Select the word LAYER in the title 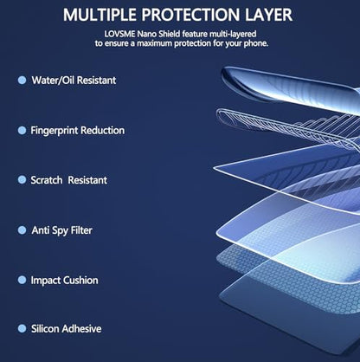pyautogui.click(x=269, y=15)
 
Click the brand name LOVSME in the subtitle pyautogui.click(x=119, y=34)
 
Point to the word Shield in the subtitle pyautogui.click(x=169, y=34)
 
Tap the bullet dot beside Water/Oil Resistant pyautogui.click(x=22, y=81)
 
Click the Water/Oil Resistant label pyautogui.click(x=74, y=81)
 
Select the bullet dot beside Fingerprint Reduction pyautogui.click(x=22, y=131)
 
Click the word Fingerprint pyautogui.click(x=54, y=131)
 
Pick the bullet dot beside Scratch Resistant pyautogui.click(x=22, y=180)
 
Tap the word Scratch pyautogui.click(x=47, y=180)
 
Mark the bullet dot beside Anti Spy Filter pyautogui.click(x=22, y=230)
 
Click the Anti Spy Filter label pyautogui.click(x=62, y=230)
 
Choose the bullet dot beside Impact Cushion pyautogui.click(x=22, y=280)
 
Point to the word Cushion pyautogui.click(x=80, y=281)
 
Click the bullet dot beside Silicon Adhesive pyautogui.click(x=22, y=328)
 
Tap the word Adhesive pyautogui.click(x=81, y=329)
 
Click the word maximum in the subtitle pyautogui.click(x=154, y=44)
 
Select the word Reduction pyautogui.click(x=102, y=131)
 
